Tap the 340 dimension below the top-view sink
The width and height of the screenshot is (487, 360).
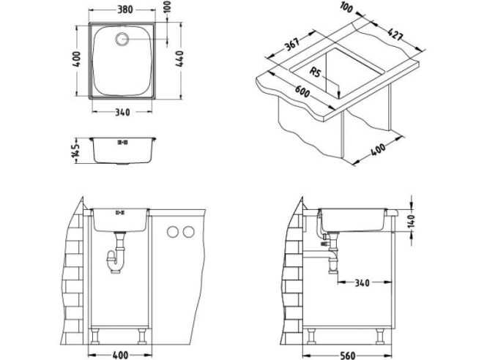point(123,113)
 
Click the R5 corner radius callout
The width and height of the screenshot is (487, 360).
point(316,72)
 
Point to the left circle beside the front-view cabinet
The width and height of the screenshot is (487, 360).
point(174,232)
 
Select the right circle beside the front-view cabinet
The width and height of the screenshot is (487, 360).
point(189,232)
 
